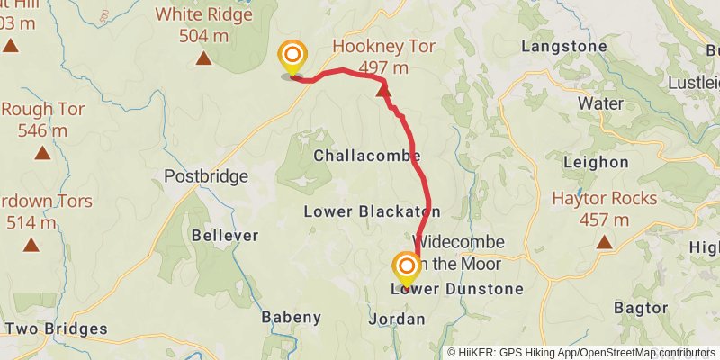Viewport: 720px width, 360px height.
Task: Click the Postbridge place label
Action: pos(206,176)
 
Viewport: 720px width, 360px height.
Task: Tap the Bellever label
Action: pos(225,236)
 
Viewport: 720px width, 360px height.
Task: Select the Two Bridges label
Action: pos(56,329)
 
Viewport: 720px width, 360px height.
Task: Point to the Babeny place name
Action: pos(291,317)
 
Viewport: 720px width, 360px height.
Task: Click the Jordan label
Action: pos(396,319)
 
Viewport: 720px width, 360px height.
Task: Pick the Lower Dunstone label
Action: pos(457,290)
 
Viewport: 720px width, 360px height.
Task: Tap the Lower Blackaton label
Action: pos(372,212)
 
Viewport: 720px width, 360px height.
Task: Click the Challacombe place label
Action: pos(367,156)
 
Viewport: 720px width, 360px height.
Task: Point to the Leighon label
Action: pos(595,162)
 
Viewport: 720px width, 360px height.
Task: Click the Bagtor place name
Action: pos(640,308)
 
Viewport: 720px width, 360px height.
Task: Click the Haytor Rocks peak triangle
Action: pos(604,242)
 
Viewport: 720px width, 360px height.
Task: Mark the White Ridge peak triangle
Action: pos(203,59)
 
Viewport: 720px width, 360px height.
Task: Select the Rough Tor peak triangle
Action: pos(42,153)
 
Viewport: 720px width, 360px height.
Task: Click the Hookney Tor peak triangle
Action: pos(383,88)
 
